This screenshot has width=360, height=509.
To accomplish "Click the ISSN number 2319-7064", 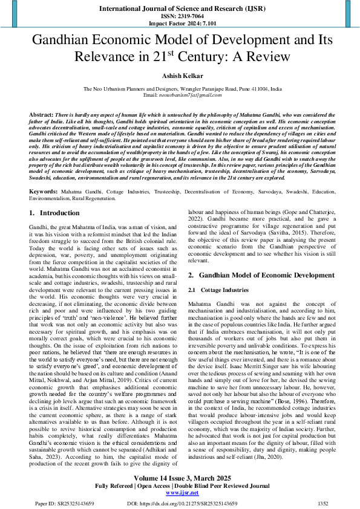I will pyautogui.click(x=180, y=16).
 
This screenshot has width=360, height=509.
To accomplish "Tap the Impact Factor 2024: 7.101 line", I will pyautogui.click(x=180, y=24).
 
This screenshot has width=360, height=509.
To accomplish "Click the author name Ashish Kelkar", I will pyautogui.click(x=180, y=76).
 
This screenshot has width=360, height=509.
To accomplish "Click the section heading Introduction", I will pyautogui.click(x=59, y=196).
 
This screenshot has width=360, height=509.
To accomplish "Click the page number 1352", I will pyautogui.click(x=324, y=503).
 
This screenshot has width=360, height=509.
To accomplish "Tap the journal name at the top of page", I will pyautogui.click(x=180, y=8).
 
